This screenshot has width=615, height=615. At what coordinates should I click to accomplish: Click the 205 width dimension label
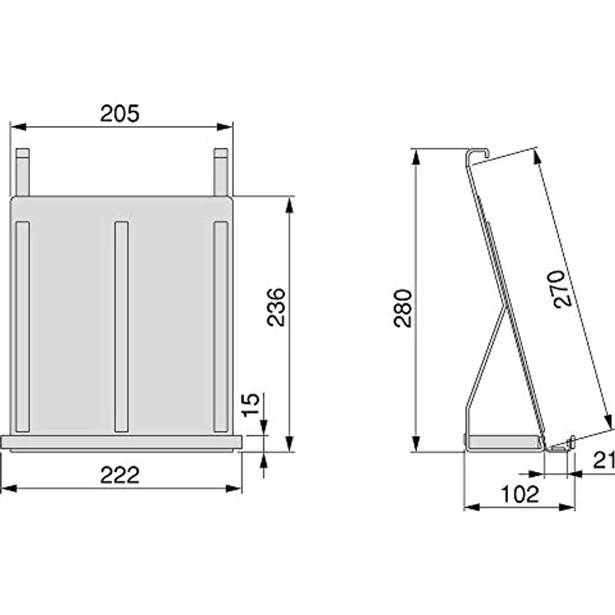119,114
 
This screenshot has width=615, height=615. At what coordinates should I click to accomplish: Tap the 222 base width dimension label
119,475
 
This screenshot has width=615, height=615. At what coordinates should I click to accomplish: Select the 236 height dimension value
276,307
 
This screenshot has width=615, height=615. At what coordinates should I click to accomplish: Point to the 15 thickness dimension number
251,404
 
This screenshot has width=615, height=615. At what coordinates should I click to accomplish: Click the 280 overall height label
403,308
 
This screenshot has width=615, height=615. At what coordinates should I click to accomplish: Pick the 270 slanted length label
560,288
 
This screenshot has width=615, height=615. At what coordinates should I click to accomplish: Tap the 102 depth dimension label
520,494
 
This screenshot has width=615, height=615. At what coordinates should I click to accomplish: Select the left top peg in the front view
23,172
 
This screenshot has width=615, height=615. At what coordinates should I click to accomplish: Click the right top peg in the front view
221,172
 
